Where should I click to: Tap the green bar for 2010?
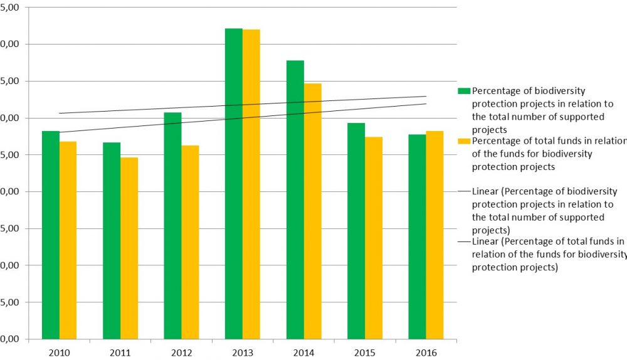click(x=51, y=235)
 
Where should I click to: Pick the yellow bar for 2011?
click(x=129, y=248)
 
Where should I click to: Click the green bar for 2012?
click(x=173, y=226)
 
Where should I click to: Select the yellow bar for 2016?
click(x=435, y=235)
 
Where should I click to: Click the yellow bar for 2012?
click(x=190, y=242)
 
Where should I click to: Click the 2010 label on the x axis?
click(x=59, y=352)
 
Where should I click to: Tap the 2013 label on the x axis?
click(x=243, y=352)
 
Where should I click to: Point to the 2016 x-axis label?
click(x=426, y=352)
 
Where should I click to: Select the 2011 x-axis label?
click(x=120, y=352)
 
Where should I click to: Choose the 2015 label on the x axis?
click(x=365, y=352)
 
